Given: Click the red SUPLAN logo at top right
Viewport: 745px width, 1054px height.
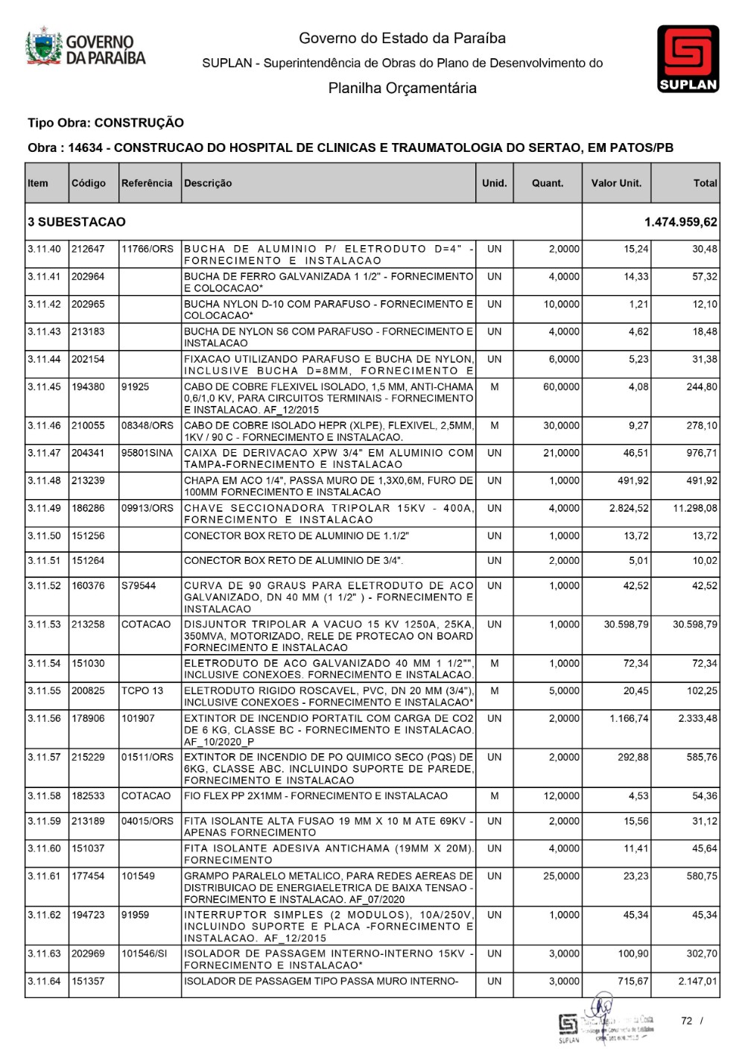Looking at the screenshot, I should click(688, 58).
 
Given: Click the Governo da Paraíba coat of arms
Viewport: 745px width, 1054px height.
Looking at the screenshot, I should click(44, 48).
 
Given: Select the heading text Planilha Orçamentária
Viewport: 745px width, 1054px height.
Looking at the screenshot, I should click(402, 89).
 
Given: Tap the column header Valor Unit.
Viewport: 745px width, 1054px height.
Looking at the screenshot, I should click(616, 183).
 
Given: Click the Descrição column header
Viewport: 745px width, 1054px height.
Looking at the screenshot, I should click(208, 183).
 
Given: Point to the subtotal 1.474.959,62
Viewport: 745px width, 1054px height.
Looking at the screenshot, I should click(681, 222).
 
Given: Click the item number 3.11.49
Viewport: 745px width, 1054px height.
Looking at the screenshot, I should click(44, 509).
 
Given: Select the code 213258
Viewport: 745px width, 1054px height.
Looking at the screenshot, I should click(88, 625).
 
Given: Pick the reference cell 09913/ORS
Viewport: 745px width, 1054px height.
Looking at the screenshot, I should click(148, 509).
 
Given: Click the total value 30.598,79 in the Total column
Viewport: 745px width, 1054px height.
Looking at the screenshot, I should click(695, 625).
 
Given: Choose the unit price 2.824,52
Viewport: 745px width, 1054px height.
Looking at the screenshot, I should click(629, 509).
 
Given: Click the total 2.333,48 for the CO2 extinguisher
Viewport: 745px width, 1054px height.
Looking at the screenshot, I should click(697, 719).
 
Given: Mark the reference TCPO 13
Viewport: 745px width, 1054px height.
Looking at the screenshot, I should click(142, 691).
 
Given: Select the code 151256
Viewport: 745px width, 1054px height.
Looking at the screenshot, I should click(88, 536).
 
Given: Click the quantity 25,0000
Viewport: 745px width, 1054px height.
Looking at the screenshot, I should click(561, 877).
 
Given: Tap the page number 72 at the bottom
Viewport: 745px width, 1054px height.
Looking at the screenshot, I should click(687, 1021).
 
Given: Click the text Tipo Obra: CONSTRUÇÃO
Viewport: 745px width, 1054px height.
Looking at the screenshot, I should click(106, 123).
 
